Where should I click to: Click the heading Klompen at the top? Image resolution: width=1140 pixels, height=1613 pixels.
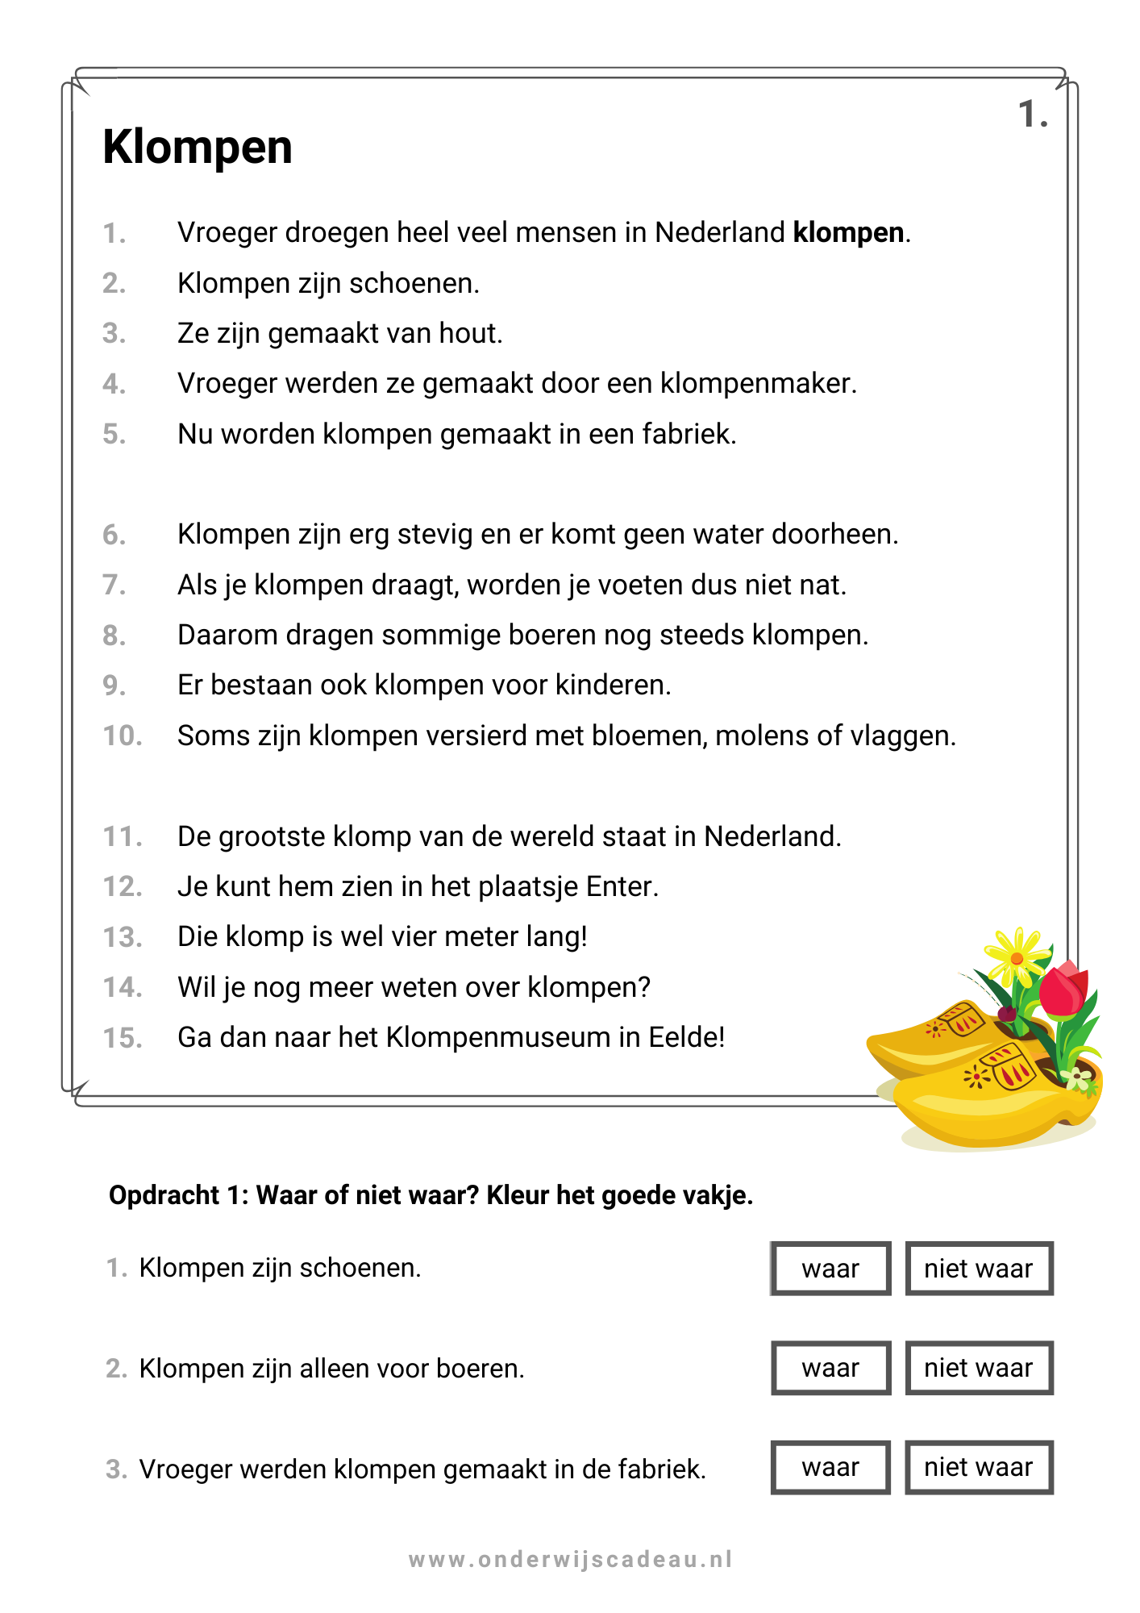198,148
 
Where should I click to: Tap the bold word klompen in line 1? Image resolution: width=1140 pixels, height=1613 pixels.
848,233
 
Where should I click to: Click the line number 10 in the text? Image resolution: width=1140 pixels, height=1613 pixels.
122,736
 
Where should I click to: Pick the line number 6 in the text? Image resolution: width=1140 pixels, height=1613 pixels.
114,536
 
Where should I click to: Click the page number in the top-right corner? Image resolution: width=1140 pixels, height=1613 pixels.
1032,115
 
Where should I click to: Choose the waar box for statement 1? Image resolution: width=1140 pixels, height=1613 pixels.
830,1269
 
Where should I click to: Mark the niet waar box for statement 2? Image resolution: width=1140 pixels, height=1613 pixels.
979,1368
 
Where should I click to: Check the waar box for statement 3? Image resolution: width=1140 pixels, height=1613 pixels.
830,1467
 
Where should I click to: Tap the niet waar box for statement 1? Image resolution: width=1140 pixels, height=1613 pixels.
979,1269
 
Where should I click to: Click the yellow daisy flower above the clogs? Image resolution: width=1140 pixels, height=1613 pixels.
1016,957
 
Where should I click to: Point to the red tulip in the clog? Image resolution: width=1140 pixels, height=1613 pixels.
1063,990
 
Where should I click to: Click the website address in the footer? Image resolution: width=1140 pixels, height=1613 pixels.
570,1560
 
